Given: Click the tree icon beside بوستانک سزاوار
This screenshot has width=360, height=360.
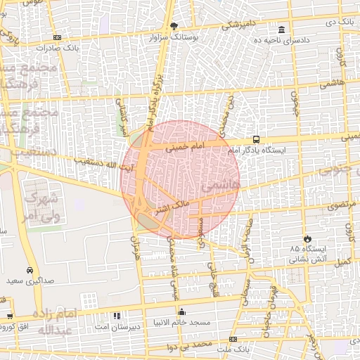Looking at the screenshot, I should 185,25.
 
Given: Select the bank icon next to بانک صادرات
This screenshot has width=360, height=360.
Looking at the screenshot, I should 57,37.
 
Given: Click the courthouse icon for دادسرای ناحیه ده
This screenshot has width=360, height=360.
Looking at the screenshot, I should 282,30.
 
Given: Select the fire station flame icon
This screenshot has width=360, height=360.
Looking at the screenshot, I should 307,238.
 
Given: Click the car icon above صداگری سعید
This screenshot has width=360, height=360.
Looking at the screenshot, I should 30,270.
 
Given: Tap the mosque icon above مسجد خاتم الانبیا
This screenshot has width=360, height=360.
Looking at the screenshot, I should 182,311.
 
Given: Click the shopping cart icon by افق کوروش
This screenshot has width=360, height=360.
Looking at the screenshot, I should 9,316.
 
